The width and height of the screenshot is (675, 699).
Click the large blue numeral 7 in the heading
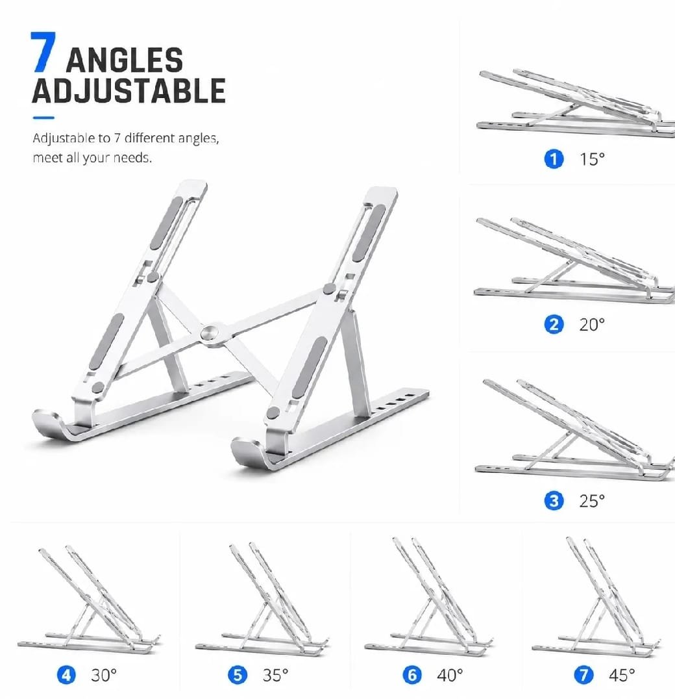point(43,52)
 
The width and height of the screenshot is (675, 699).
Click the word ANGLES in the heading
point(125,60)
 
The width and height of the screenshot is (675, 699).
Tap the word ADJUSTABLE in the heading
point(129,90)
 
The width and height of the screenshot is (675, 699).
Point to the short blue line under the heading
point(43,118)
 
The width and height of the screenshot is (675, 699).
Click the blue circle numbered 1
point(554,159)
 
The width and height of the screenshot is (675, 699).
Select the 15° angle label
point(592,159)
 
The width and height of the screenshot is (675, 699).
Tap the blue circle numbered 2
point(554,324)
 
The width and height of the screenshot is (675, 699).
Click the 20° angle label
point(592,325)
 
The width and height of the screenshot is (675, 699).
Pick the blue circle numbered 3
point(554,501)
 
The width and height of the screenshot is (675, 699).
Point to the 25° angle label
point(592,501)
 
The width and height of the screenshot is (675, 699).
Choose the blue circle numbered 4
point(66,675)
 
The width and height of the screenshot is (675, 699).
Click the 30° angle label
point(104,676)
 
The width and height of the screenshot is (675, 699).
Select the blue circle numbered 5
point(238,675)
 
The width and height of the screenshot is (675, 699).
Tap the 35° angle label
point(276,676)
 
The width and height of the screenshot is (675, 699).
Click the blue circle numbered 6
point(412,675)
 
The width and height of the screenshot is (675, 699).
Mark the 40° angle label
point(450,676)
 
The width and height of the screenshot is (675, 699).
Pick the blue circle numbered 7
point(583,675)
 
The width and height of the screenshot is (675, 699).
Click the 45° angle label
point(622,676)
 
